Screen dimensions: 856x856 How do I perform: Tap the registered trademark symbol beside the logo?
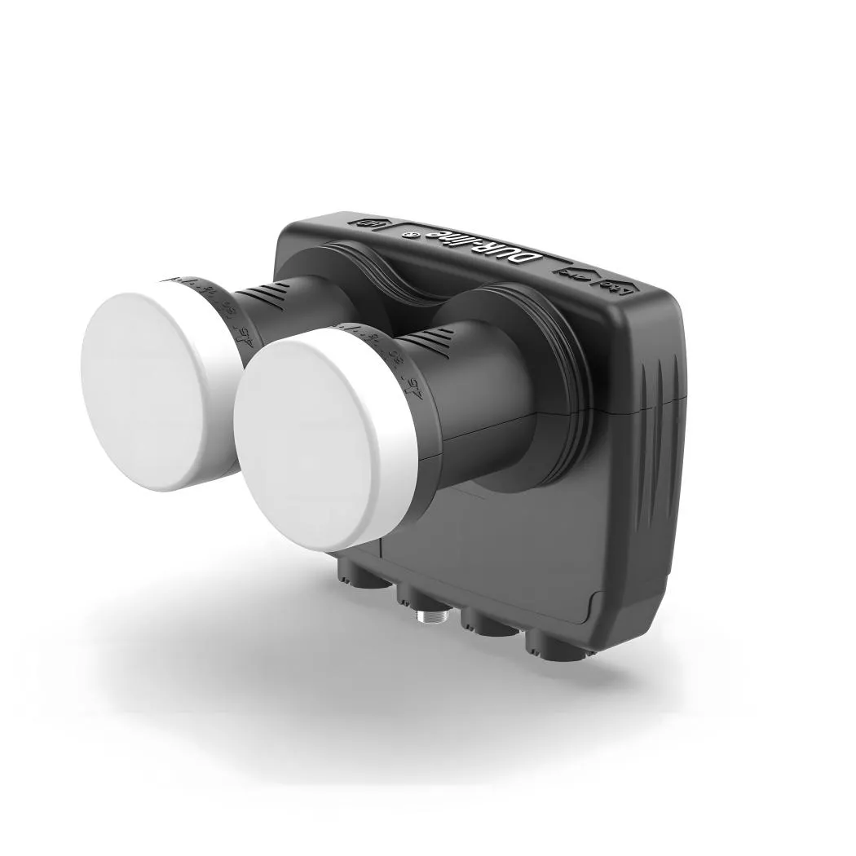click(x=413, y=235)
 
